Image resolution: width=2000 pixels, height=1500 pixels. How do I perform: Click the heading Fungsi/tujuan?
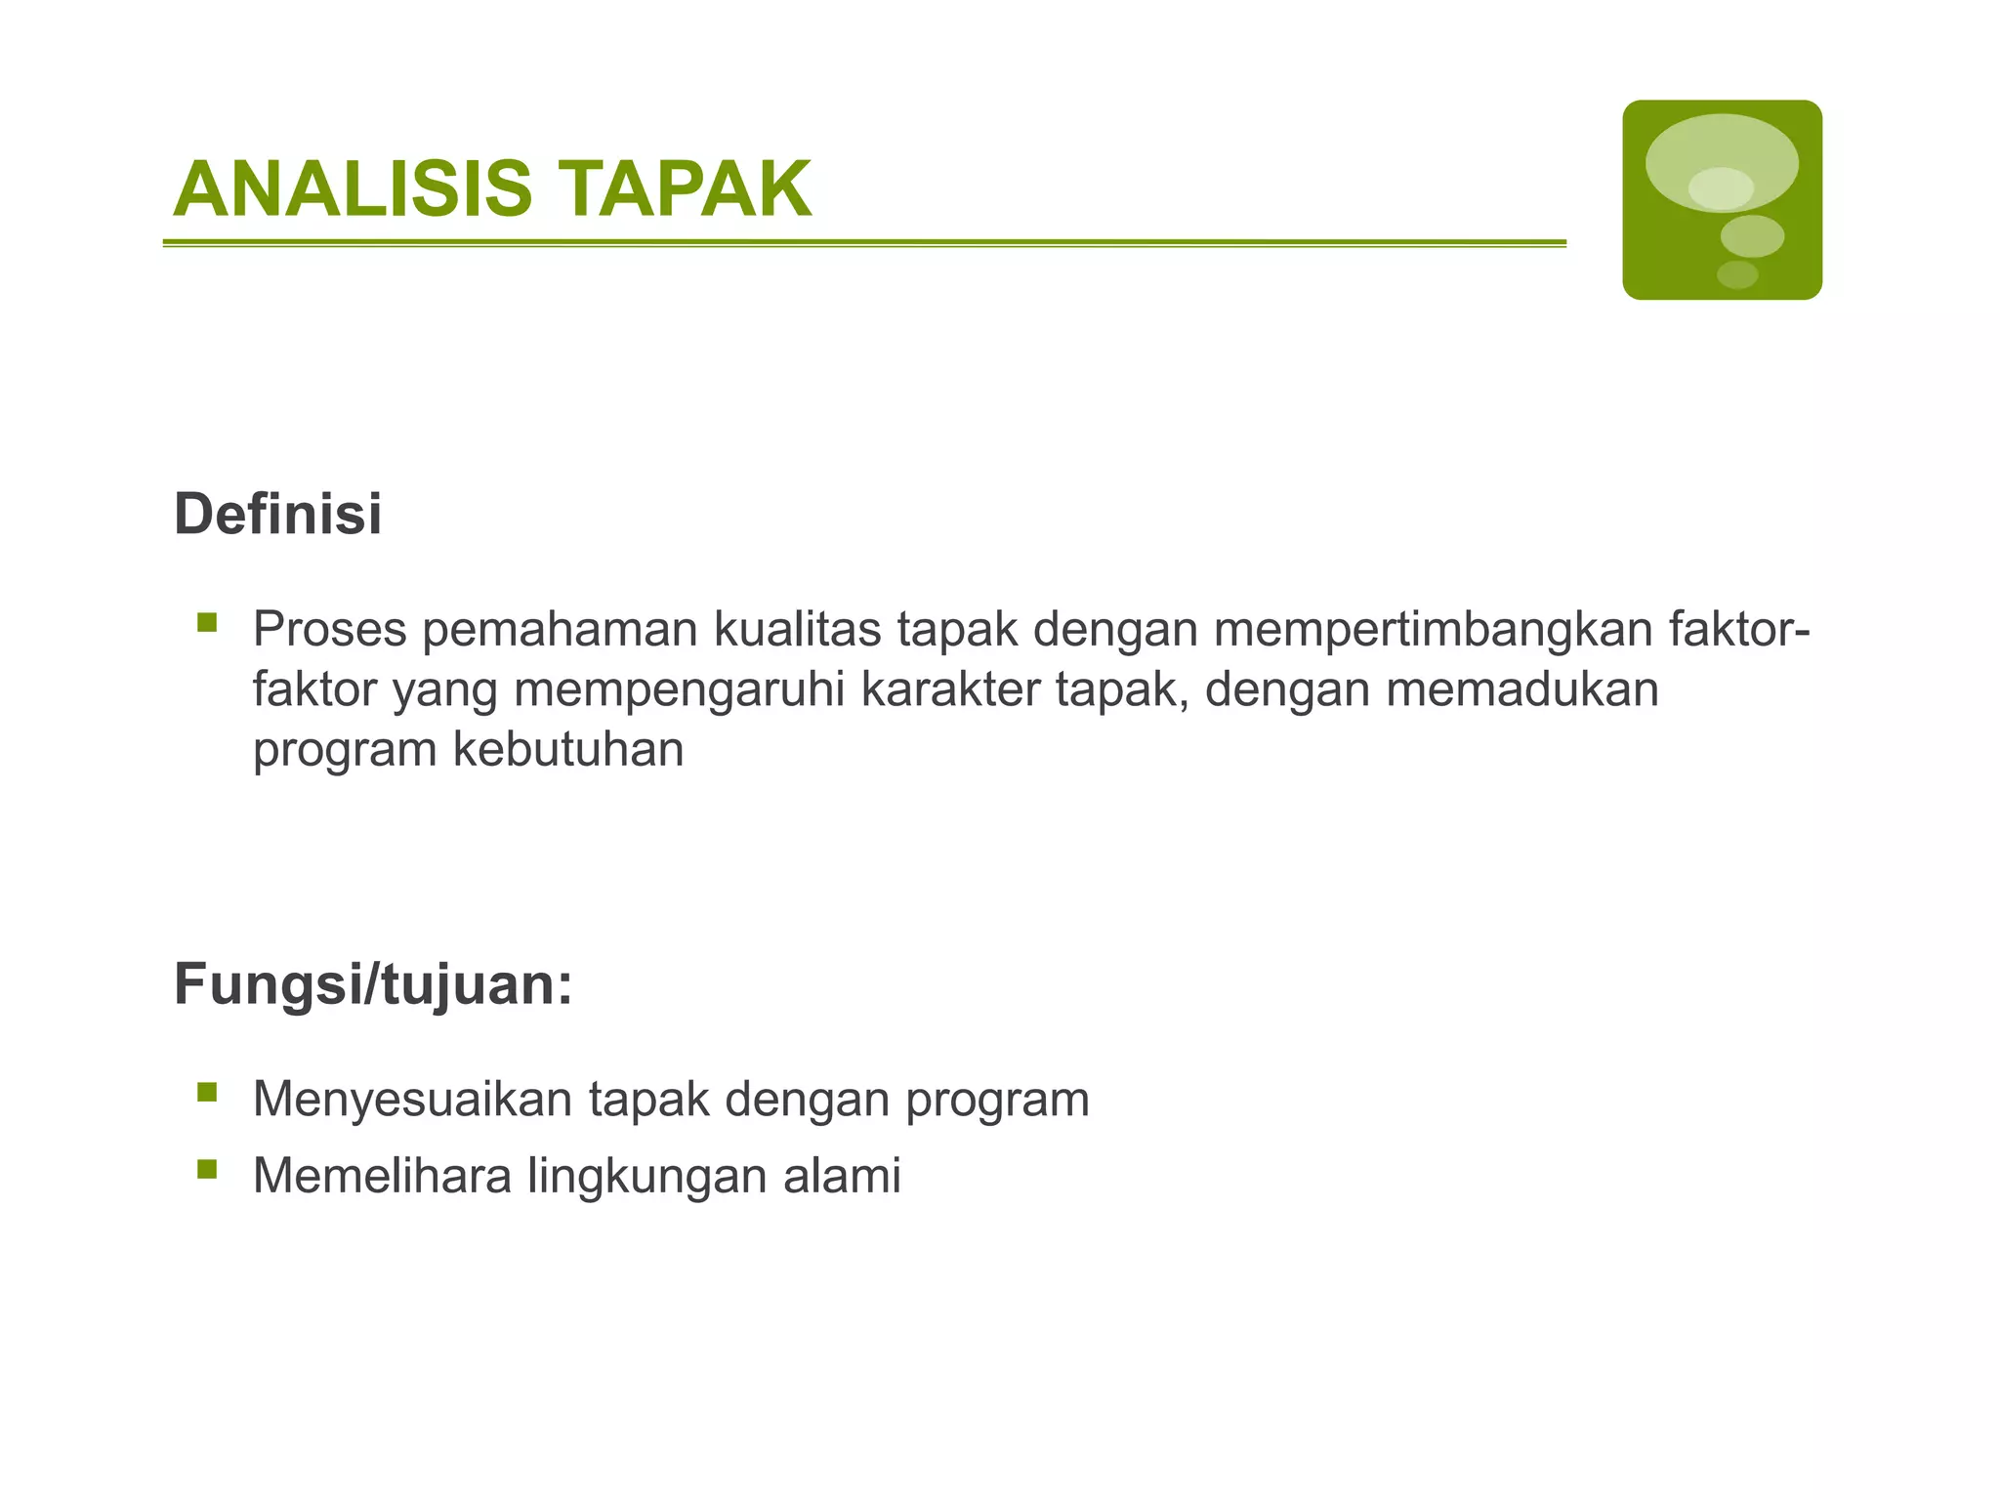click(x=373, y=983)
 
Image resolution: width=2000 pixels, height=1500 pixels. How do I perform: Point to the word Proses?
click(x=329, y=629)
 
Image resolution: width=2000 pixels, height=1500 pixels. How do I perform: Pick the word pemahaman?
click(x=560, y=629)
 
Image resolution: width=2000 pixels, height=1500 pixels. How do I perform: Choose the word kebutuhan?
click(x=568, y=749)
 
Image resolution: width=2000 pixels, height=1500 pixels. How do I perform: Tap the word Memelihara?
click(x=382, y=1175)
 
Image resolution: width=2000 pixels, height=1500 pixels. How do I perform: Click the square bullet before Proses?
click(x=207, y=622)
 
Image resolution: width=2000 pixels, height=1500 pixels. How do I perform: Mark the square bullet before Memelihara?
click(x=207, y=1168)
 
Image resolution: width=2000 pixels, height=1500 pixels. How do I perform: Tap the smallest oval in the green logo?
click(x=1737, y=274)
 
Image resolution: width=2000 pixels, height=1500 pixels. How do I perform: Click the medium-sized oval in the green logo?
click(x=1752, y=236)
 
